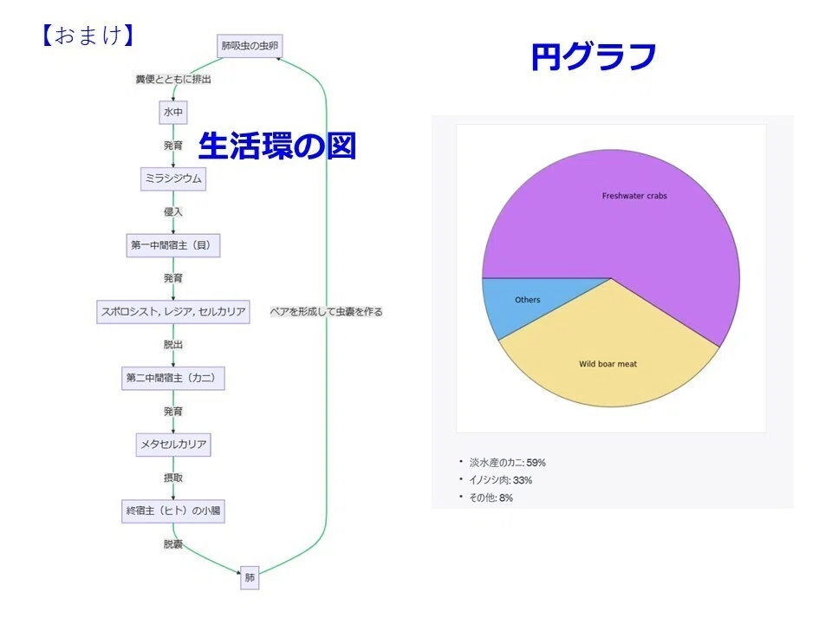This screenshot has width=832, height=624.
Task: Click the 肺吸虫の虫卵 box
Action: coord(250,46)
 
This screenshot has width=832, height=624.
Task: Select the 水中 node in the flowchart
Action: coord(173,113)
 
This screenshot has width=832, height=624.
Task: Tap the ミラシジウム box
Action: coord(173,179)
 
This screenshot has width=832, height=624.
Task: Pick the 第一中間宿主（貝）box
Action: coord(173,245)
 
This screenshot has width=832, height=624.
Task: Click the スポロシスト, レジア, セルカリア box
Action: coord(173,311)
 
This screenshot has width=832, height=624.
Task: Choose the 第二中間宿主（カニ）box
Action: coord(173,378)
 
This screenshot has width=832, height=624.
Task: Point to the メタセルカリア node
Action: coord(173,444)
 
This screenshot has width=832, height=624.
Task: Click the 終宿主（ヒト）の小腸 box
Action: coord(173,511)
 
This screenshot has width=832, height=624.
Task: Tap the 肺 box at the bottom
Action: coord(250,577)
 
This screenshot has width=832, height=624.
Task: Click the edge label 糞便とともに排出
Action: coord(173,80)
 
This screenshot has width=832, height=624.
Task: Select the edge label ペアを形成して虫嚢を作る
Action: coord(326,311)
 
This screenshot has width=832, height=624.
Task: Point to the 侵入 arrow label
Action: coord(173,211)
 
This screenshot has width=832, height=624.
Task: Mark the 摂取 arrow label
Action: coord(173,478)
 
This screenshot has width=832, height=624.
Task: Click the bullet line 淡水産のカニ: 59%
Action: coord(507,463)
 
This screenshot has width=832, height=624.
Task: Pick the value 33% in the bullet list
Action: coord(522,480)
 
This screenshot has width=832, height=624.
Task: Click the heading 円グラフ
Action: coord(594,56)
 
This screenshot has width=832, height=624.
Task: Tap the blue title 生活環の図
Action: coord(277,146)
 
